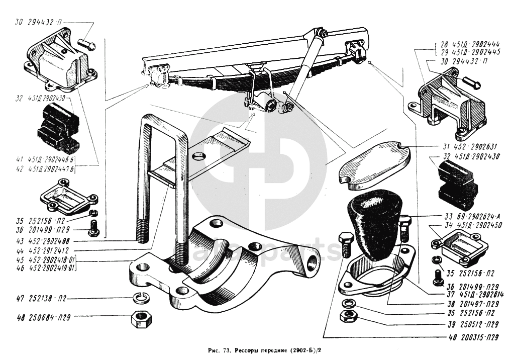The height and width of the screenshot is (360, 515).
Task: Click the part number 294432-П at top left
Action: (x=44, y=22)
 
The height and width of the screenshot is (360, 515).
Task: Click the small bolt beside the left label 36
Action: (x=92, y=229)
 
